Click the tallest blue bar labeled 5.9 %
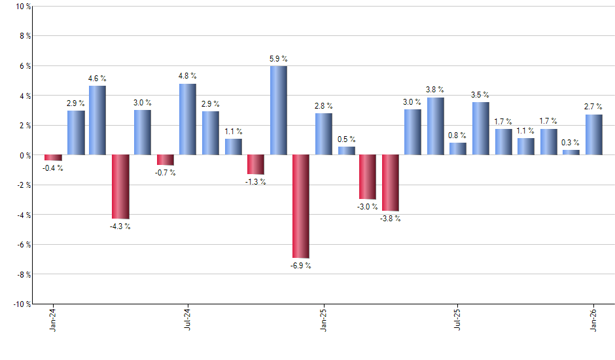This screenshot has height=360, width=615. [x=278, y=111]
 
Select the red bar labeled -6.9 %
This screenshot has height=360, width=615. [x=301, y=206]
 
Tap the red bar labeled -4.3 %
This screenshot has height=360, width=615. [x=120, y=187]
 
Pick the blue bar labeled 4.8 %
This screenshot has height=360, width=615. [x=188, y=119]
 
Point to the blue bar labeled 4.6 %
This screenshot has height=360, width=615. [x=97, y=120]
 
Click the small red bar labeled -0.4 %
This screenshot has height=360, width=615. [x=53, y=158]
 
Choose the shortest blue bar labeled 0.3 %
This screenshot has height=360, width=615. [x=571, y=153]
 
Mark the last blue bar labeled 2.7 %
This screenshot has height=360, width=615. [x=593, y=135]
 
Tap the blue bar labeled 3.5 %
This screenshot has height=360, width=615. [x=481, y=128]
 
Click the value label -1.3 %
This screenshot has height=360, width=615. [x=255, y=182]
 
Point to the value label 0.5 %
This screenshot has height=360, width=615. [x=346, y=139]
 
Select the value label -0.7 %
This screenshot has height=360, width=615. [x=166, y=173]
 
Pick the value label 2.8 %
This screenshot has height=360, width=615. [x=323, y=105]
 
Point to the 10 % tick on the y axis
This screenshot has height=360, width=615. [x=22, y=7]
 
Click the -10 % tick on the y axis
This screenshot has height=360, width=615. [x=21, y=304]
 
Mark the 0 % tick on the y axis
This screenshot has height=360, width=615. [x=24, y=155]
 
